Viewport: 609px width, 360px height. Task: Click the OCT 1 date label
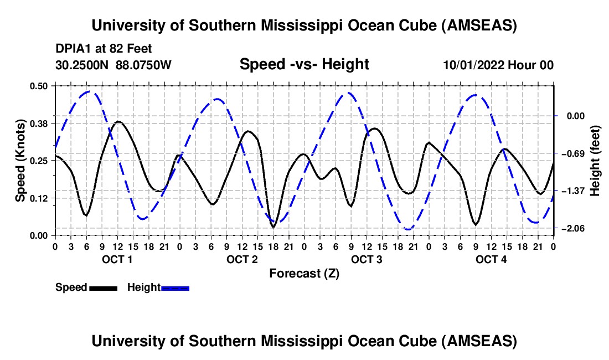click(x=117, y=260)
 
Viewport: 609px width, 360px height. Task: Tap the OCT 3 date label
click(x=366, y=260)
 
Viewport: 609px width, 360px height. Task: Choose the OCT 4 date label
click(x=491, y=260)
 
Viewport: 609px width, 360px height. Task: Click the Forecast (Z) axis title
click(x=304, y=274)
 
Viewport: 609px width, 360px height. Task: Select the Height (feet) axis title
click(x=595, y=160)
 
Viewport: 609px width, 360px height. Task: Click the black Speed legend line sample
click(x=103, y=288)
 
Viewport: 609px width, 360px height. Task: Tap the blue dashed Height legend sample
click(x=175, y=288)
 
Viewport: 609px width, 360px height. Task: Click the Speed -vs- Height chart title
click(x=304, y=64)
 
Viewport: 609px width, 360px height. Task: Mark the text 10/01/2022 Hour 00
click(x=498, y=65)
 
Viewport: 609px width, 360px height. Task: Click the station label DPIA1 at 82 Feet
click(x=104, y=49)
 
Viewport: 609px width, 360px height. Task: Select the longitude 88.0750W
click(x=144, y=65)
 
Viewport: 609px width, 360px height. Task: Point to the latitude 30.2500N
click(x=82, y=65)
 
